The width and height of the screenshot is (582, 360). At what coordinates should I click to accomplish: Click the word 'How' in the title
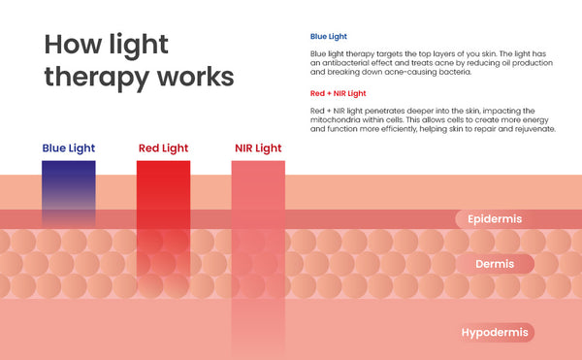tap(73, 45)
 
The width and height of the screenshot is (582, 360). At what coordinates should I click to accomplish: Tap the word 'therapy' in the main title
tap(95, 78)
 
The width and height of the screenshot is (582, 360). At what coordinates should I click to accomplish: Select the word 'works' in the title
tap(195, 77)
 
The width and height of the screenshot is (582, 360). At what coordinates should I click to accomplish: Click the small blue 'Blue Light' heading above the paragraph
tap(329, 36)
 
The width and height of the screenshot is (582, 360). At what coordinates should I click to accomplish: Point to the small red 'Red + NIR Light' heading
tap(339, 93)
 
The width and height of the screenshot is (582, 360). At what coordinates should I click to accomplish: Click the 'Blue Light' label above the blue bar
tap(69, 148)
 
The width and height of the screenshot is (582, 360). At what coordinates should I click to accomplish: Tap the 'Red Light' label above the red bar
tap(163, 148)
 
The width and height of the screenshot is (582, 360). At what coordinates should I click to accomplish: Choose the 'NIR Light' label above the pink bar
tap(258, 148)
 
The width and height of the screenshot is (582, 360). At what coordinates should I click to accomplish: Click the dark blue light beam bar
tap(69, 193)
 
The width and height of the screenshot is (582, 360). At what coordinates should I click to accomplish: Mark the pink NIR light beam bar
tap(258, 256)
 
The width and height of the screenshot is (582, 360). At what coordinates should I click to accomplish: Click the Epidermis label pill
tap(495, 219)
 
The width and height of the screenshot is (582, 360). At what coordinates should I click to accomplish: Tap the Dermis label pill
tap(495, 264)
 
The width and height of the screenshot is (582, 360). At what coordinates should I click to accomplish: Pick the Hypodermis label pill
tap(495, 332)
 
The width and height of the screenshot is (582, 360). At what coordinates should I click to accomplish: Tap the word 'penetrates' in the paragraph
tap(384, 111)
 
